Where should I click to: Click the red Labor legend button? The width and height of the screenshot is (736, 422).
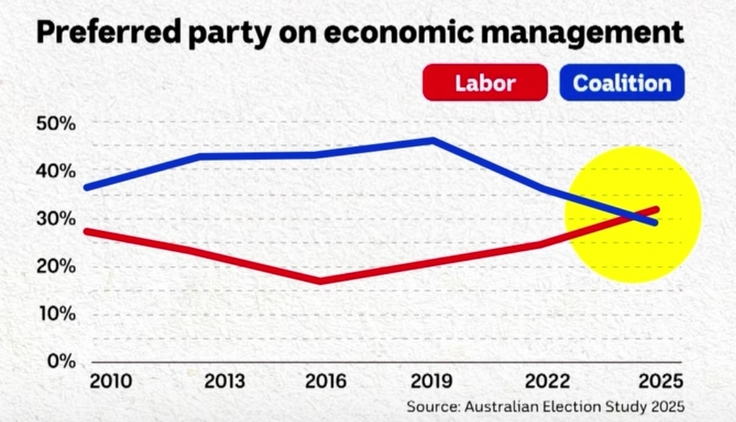[485, 83]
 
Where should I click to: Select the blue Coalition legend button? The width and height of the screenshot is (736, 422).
[621, 83]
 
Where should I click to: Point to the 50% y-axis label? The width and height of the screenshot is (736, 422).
[55, 124]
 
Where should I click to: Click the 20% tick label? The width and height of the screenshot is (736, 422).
[55, 267]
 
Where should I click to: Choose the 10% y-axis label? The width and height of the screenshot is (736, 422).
[55, 314]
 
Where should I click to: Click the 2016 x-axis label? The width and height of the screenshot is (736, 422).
[326, 382]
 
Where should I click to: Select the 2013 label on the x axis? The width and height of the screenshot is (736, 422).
[224, 382]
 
